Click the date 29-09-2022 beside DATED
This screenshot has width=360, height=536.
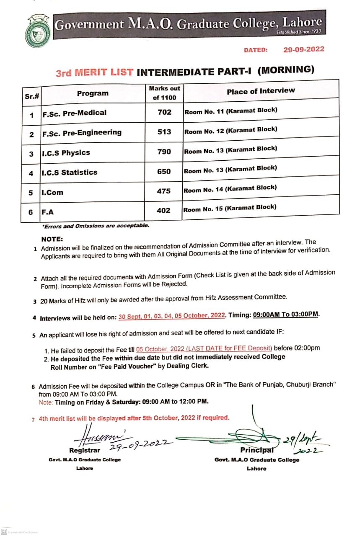(x=303, y=49)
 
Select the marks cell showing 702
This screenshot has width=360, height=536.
(x=164, y=112)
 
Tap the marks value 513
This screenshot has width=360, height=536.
(x=164, y=131)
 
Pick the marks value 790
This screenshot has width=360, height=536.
(x=164, y=151)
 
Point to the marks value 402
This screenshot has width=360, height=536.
(x=163, y=210)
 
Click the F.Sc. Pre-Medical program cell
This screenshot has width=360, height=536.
(x=74, y=113)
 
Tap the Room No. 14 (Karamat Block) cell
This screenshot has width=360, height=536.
(x=230, y=189)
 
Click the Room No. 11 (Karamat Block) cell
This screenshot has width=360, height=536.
(x=231, y=111)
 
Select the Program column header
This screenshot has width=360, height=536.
(x=92, y=93)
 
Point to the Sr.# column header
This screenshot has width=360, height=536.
(x=32, y=96)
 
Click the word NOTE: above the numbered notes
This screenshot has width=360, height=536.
(x=52, y=239)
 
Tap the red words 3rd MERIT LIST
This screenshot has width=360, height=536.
(x=94, y=72)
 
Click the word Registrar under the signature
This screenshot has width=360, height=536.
(x=85, y=450)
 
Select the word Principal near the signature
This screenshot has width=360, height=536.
(x=257, y=450)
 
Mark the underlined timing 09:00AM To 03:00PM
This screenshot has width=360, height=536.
(x=286, y=314)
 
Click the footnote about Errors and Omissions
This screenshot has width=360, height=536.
(x=95, y=226)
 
